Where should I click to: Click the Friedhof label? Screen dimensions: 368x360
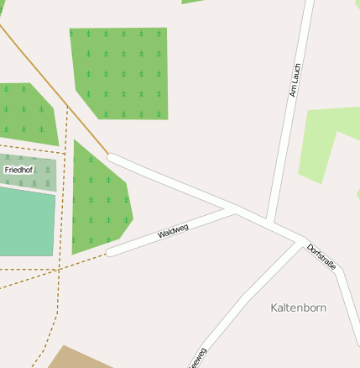pyautogui.click(x=18, y=170)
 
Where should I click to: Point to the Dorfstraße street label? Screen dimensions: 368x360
pyautogui.click(x=321, y=257)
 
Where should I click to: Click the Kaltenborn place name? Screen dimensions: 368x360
pyautogui.click(x=298, y=308)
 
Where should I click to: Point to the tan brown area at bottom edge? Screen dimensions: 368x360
pyautogui.click(x=76, y=359)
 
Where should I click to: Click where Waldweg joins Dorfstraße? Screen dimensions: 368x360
pyautogui.click(x=236, y=210)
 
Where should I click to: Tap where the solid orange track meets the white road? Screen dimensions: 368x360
pyautogui.click(x=109, y=156)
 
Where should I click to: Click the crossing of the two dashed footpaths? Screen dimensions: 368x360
pyautogui.click(x=60, y=268)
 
